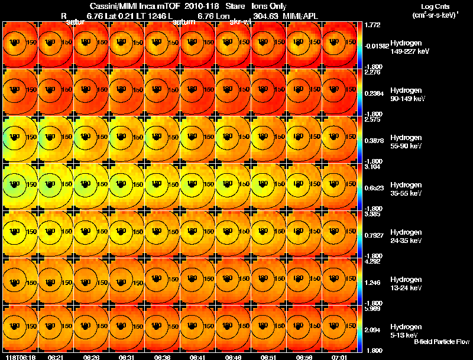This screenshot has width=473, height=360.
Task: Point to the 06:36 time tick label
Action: (x=162, y=357)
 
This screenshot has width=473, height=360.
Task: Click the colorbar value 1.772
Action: (x=373, y=25)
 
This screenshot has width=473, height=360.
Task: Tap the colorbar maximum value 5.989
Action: (x=373, y=309)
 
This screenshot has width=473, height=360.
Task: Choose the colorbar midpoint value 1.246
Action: (x=373, y=282)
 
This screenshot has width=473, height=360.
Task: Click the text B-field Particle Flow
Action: (x=441, y=342)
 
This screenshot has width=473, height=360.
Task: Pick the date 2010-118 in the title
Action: (x=189, y=6)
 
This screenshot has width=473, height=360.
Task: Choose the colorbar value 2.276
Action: (x=373, y=73)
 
